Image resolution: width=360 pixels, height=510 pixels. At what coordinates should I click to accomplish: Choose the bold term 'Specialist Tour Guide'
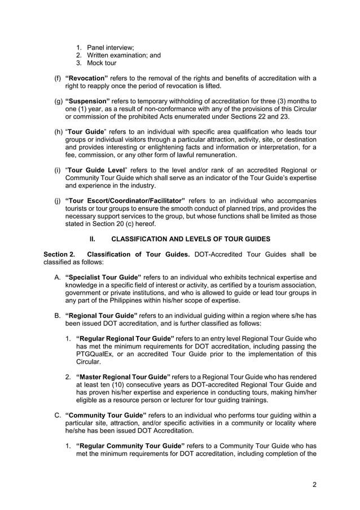[103, 277]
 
